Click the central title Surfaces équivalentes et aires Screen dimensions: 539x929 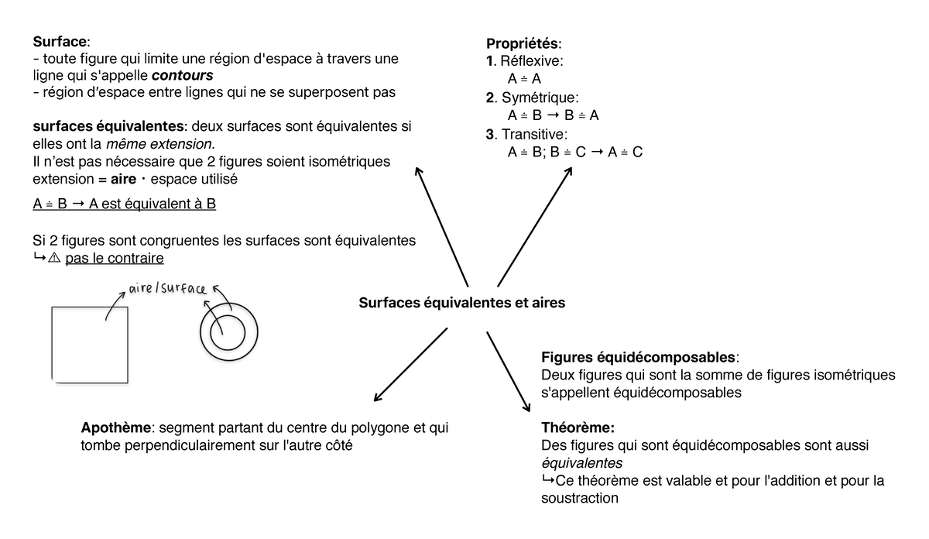point(462,303)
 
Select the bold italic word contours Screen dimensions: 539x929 point(182,76)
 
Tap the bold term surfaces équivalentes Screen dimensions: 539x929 point(108,126)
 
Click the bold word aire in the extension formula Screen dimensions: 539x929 point(125,179)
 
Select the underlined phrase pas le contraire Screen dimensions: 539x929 point(115,258)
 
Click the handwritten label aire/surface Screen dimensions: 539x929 point(167,289)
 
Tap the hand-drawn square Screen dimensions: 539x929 point(90,345)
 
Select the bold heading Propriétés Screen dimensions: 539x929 point(522,43)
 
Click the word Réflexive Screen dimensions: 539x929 point(532,60)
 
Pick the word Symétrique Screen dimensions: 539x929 point(540,98)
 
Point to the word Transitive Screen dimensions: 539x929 point(534,135)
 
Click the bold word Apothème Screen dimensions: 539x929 point(116,428)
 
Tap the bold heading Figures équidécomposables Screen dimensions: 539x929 point(639,358)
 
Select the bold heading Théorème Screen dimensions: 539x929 point(578,427)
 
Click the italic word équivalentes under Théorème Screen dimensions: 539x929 point(581,463)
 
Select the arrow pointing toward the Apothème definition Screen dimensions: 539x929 point(410,364)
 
